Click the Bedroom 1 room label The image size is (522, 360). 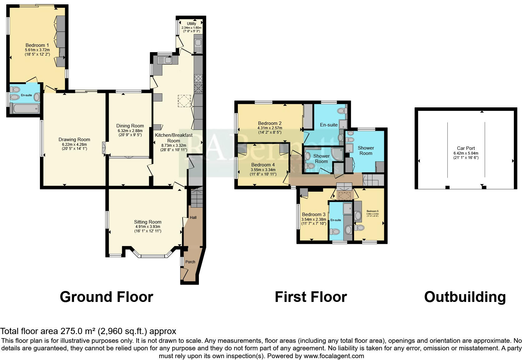37,45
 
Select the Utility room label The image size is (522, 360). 192,24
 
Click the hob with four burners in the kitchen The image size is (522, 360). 198,78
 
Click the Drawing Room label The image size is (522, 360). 74,140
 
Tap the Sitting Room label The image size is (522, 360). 148,222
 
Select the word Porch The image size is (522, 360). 190,262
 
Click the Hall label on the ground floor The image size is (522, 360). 193,217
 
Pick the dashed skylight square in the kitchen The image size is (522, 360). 184,101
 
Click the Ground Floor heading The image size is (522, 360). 106,297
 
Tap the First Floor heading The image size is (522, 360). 311,297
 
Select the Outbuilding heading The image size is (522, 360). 465,297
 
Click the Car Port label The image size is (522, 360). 466,148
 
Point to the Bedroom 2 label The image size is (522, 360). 270,123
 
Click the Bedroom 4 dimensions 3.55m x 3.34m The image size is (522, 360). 263,170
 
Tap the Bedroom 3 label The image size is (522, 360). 313,215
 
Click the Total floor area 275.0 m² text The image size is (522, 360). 88,331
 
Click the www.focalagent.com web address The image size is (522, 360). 334,356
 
